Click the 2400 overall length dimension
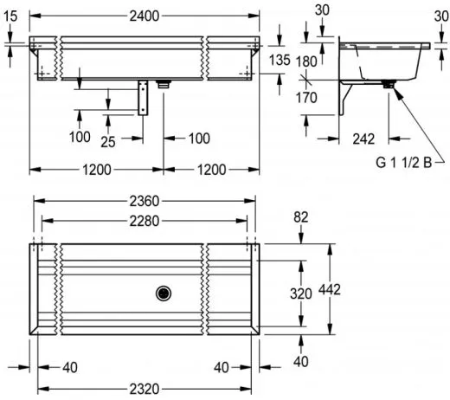pos(145,16)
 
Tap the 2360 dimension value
pos(145,201)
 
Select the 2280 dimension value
pos(145,221)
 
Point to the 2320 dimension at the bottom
pos(145,389)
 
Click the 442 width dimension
pos(330,289)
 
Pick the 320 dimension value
pos(301,294)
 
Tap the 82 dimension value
pos(301,217)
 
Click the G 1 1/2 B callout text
pos(403,163)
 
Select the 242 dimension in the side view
pos(363,139)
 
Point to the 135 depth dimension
pos(280,61)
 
